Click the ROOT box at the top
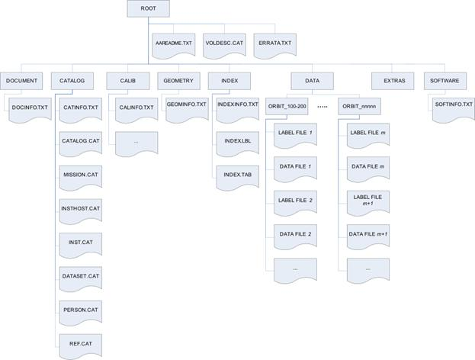pyautogui.click(x=148, y=8)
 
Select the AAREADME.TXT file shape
pyautogui.click(x=174, y=46)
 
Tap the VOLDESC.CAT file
pyautogui.click(x=224, y=46)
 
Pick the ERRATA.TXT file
pyautogui.click(x=274, y=46)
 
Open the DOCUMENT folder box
pyautogui.click(x=21, y=81)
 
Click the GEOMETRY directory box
pyautogui.click(x=178, y=81)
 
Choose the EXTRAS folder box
pyautogui.click(x=393, y=81)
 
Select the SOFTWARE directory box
pyautogui.click(x=445, y=81)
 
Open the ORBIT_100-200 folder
pyautogui.click(x=287, y=106)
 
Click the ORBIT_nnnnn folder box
pyautogui.click(x=359, y=106)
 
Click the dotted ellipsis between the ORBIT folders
pyautogui.click(x=323, y=107)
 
